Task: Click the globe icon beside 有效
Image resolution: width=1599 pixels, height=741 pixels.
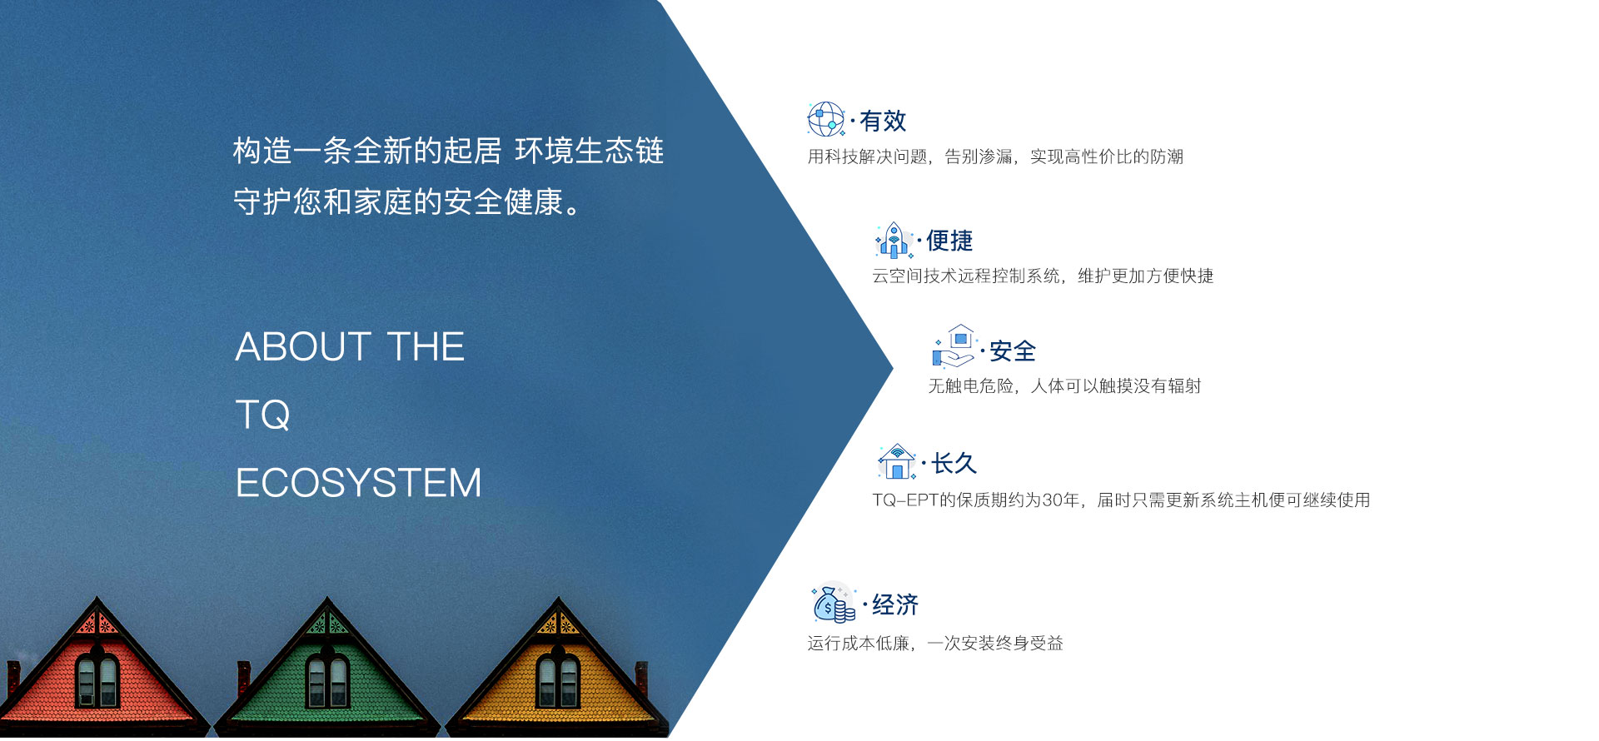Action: pyautogui.click(x=826, y=119)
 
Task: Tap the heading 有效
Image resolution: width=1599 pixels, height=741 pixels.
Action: pyautogui.click(x=883, y=121)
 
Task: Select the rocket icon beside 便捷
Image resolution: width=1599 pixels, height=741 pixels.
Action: pyautogui.click(x=894, y=240)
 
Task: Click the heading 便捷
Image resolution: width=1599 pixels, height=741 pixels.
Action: pyautogui.click(x=949, y=241)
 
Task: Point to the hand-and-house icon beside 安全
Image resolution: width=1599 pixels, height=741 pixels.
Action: pyautogui.click(x=954, y=346)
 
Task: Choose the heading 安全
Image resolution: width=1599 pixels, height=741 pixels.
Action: pyautogui.click(x=1013, y=351)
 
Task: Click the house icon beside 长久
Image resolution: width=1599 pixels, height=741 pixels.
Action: pyautogui.click(x=897, y=461)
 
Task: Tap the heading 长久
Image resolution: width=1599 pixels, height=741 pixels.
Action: pyautogui.click(x=954, y=463)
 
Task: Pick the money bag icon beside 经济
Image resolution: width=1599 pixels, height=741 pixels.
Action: pyautogui.click(x=834, y=603)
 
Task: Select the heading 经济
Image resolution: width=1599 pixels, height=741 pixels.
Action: pyautogui.click(x=895, y=604)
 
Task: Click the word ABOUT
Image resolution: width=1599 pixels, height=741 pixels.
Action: pyautogui.click(x=303, y=346)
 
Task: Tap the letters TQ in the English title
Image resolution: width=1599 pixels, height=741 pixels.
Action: pyautogui.click(x=263, y=415)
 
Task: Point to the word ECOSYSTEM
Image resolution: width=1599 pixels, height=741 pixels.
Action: pyautogui.click(x=359, y=483)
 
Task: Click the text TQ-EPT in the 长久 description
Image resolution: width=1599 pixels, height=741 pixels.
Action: pyautogui.click(x=905, y=500)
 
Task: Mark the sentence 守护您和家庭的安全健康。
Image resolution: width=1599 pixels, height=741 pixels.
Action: pyautogui.click(x=407, y=201)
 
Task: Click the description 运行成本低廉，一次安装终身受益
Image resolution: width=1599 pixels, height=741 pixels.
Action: pyautogui.click(x=935, y=643)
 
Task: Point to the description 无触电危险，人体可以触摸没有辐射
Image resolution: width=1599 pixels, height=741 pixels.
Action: pyautogui.click(x=1065, y=385)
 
